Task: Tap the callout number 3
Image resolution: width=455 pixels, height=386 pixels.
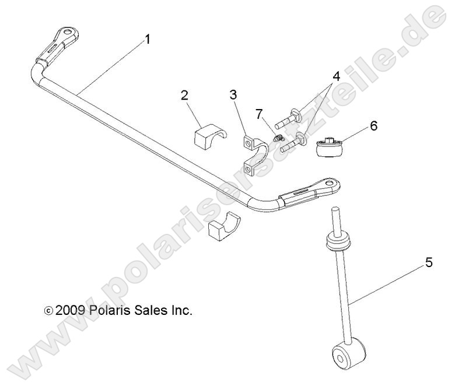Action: point(233,94)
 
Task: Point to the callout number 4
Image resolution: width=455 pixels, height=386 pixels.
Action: point(336,77)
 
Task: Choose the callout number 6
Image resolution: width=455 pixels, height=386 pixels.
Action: point(374,125)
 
